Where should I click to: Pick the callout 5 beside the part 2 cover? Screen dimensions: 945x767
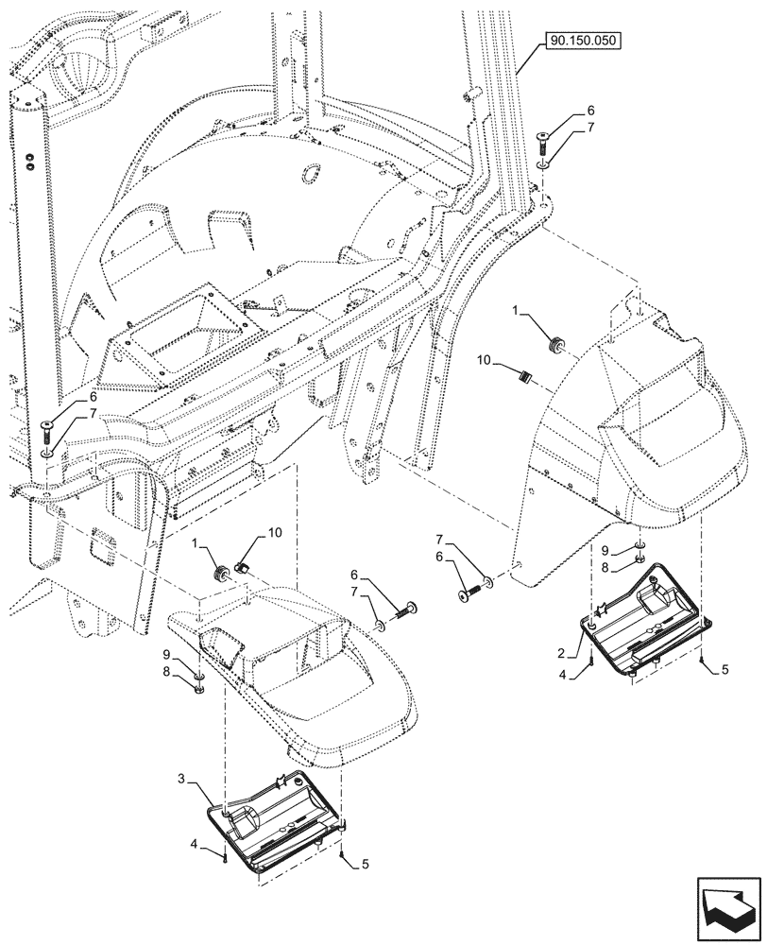724,670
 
